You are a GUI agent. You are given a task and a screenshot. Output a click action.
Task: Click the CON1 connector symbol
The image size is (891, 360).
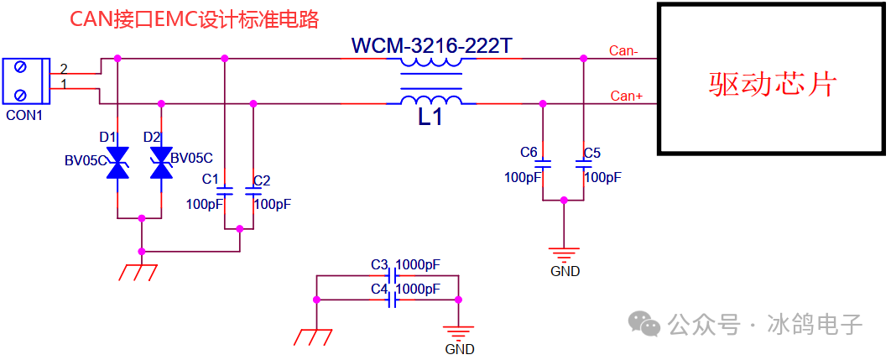[25, 82]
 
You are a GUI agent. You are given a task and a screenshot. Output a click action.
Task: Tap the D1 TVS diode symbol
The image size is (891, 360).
[118, 163]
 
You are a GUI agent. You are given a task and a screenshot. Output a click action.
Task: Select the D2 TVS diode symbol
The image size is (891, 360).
[161, 163]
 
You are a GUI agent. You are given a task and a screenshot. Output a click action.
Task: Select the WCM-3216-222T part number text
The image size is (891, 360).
[431, 45]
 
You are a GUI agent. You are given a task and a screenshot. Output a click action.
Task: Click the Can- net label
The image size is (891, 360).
[623, 51]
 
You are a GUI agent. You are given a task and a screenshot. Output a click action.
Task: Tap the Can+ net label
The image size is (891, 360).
[626, 96]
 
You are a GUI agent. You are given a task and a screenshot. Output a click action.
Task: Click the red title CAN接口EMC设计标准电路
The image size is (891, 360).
[194, 19]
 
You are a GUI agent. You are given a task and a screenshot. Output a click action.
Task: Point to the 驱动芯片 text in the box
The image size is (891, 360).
[773, 83]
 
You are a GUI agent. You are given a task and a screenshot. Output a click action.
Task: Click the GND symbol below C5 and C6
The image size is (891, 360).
[564, 253]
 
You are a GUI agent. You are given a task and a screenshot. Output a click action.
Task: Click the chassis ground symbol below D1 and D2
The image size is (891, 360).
[139, 272]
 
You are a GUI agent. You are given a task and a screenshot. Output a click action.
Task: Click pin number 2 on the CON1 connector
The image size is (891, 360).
[63, 67]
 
